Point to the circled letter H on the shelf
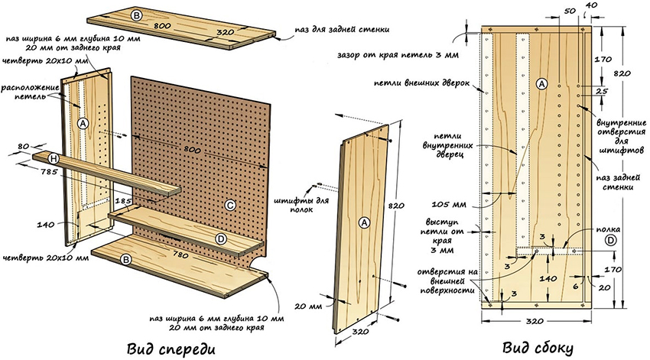tap(53, 157)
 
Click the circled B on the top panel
tap(136, 15)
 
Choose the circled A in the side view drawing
tap(542, 83)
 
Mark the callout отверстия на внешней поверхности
tap(449, 280)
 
